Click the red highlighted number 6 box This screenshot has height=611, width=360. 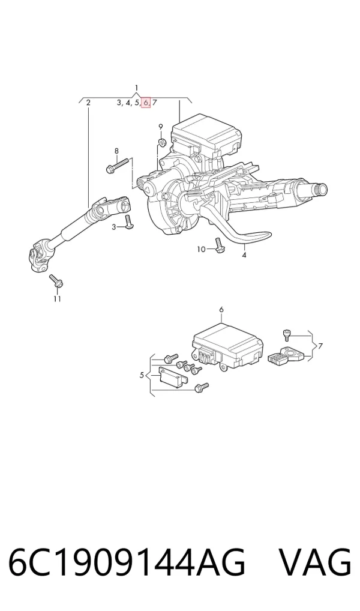point(146,103)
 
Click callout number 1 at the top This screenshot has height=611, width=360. point(136,88)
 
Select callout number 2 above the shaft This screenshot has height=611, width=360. point(88,103)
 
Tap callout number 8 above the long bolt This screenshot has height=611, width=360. point(116,151)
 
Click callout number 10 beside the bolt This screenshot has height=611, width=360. point(201,249)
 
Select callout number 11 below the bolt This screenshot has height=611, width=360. point(57,299)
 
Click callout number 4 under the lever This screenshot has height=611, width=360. point(244,255)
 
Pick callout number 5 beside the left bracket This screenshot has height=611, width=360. point(142,375)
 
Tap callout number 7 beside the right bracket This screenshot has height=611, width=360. point(320,346)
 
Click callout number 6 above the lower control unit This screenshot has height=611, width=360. point(221,310)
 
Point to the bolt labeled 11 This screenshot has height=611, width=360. point(56,281)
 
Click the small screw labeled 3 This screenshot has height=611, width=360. point(128,222)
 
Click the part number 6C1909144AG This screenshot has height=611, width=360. point(127,562)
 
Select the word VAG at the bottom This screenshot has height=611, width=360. point(315,562)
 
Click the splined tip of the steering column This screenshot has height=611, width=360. point(322,190)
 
